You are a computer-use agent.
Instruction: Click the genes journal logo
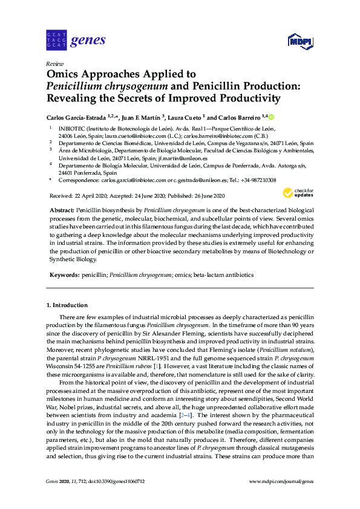tap(76, 41)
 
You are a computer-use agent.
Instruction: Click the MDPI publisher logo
tap(299, 42)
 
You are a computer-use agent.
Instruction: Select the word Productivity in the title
tap(248, 99)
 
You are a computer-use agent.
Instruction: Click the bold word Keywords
tap(64, 275)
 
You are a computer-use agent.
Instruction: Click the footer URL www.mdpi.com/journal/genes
tap(281, 481)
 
